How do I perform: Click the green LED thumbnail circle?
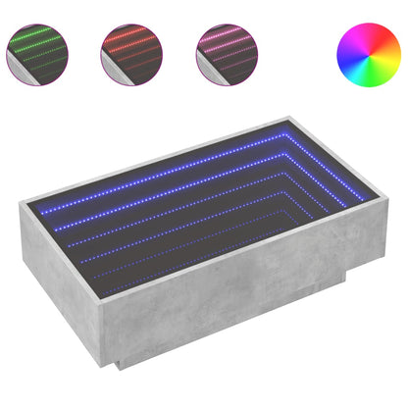tap(38, 50)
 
